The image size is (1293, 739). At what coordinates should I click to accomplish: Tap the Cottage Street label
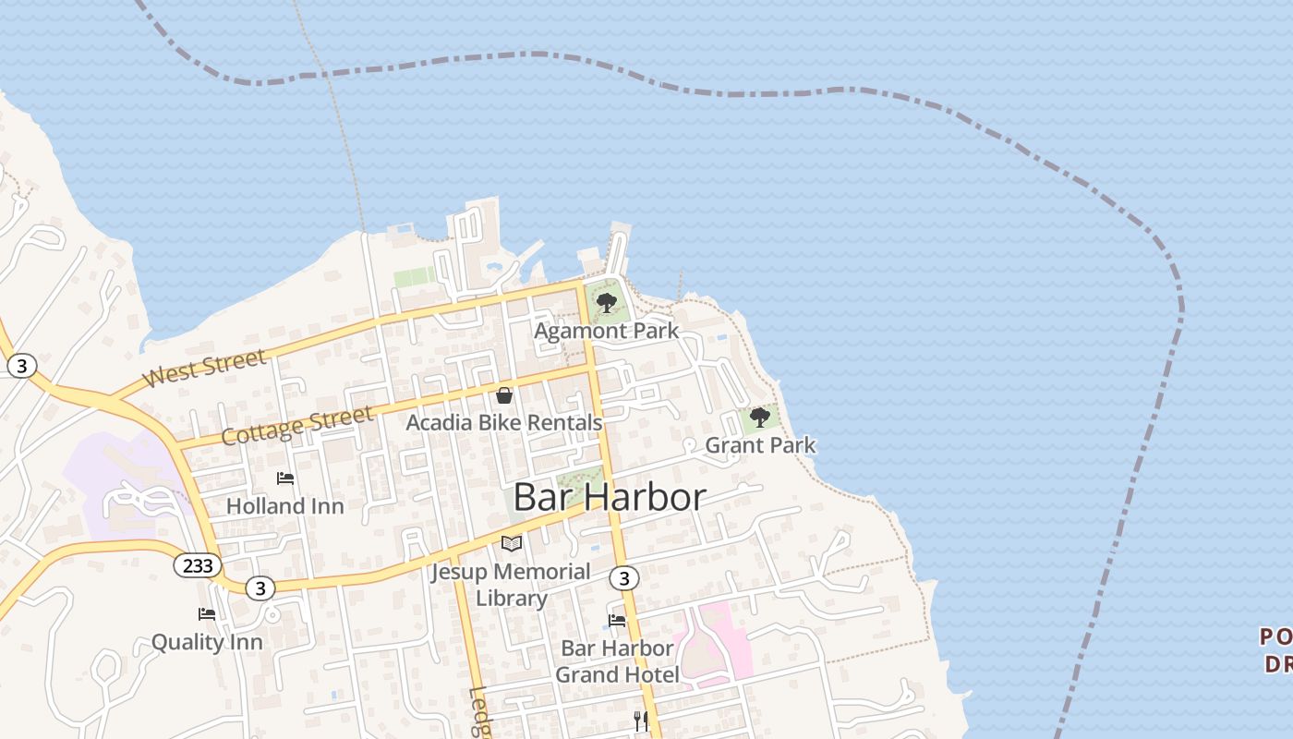coord(297,424)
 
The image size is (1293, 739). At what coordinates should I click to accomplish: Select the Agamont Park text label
coord(606,331)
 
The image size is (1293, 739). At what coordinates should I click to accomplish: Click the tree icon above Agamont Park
coord(607,302)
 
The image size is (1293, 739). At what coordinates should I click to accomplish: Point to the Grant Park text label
coord(760,445)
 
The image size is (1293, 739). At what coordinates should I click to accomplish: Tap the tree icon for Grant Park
coord(760,418)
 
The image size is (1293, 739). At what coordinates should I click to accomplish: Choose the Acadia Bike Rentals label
coord(504,423)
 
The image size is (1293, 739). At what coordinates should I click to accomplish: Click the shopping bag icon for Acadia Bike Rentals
coord(504,395)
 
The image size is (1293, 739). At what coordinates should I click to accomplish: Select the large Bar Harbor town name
coord(609,498)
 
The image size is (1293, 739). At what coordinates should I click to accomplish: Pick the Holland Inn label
coord(284,506)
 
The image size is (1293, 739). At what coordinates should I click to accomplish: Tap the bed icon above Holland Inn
coord(285,478)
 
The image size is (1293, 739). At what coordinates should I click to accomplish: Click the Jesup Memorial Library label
coord(511,585)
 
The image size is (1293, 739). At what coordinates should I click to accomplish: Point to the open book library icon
coord(511,543)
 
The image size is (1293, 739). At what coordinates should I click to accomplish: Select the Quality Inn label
coord(207,642)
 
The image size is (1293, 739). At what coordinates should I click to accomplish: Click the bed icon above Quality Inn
coord(207,613)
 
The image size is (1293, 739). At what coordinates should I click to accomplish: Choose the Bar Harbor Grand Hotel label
coord(617,661)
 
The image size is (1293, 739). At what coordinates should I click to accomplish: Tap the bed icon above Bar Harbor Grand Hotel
coord(617,620)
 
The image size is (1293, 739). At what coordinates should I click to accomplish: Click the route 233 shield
coord(198,565)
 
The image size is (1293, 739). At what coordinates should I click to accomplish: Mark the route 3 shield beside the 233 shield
coord(260,588)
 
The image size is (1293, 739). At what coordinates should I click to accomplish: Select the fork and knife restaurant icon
coord(641,721)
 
